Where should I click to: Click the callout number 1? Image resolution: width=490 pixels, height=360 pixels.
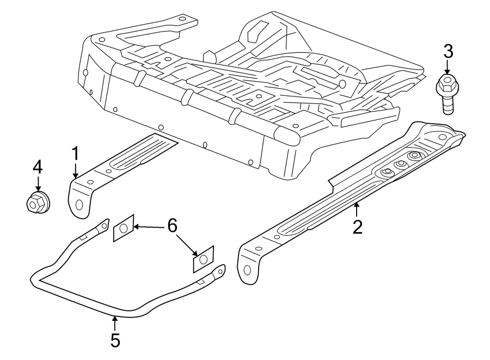[x=75, y=154]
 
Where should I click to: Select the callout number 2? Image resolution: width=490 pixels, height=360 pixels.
[x=357, y=227]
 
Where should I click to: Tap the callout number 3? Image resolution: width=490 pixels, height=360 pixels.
[x=448, y=52]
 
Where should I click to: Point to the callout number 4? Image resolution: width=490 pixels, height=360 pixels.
[x=37, y=167]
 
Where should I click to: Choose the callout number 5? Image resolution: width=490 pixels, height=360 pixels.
[x=115, y=340]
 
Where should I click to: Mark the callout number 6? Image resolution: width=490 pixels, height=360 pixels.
[x=172, y=225]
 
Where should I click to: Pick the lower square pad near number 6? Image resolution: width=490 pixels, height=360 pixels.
[x=204, y=259]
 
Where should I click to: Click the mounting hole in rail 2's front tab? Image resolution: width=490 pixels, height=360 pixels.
[x=248, y=270]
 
